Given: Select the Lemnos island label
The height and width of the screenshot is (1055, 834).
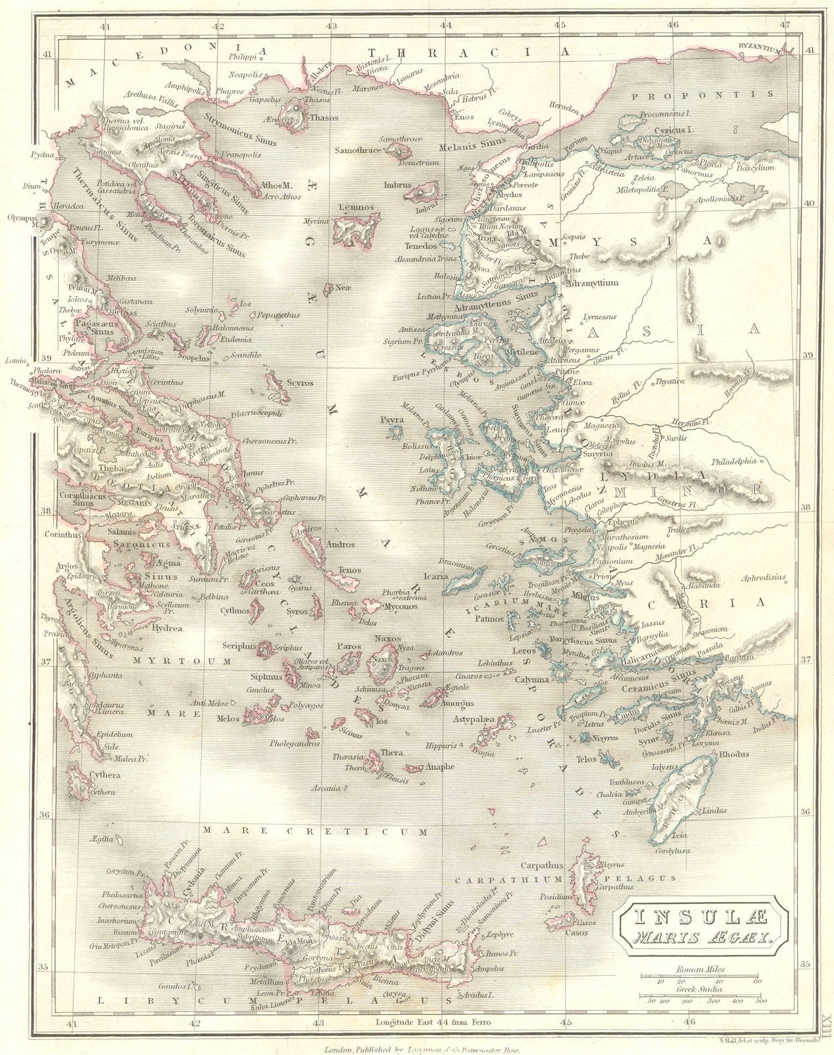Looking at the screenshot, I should click(x=356, y=207).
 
